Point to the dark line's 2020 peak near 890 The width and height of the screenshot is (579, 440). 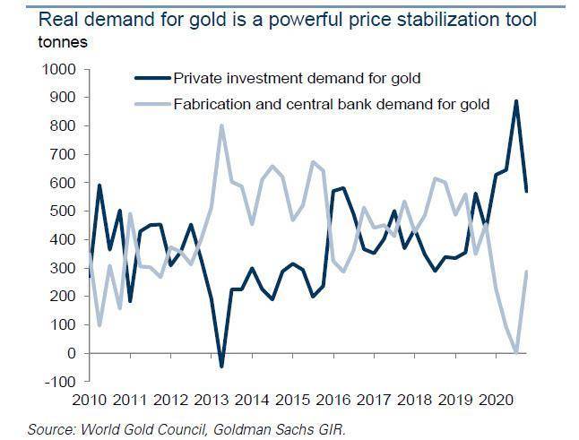pos(516,100)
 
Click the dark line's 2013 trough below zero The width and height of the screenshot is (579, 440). pos(221,367)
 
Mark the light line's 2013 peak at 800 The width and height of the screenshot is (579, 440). pos(221,125)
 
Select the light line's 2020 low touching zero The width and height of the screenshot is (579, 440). pos(516,352)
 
